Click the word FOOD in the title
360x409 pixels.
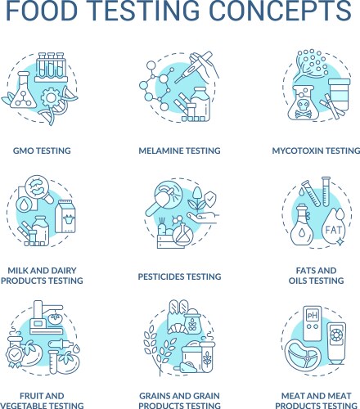point(42,10)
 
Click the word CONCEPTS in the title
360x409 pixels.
point(281,10)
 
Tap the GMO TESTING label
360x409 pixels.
point(42,151)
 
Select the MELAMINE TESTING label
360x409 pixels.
point(179,151)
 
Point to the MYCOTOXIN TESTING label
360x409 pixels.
point(316,151)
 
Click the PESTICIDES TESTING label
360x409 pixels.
point(179,276)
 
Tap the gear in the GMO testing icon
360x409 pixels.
point(51,97)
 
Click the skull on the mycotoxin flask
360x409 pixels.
point(300,106)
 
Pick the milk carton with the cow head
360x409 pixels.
point(65,216)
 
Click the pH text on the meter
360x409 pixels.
point(313,316)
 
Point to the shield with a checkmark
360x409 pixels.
point(210,199)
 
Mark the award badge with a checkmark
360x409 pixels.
point(14,355)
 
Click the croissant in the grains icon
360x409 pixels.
point(177,327)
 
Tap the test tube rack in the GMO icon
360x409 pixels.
point(51,67)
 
